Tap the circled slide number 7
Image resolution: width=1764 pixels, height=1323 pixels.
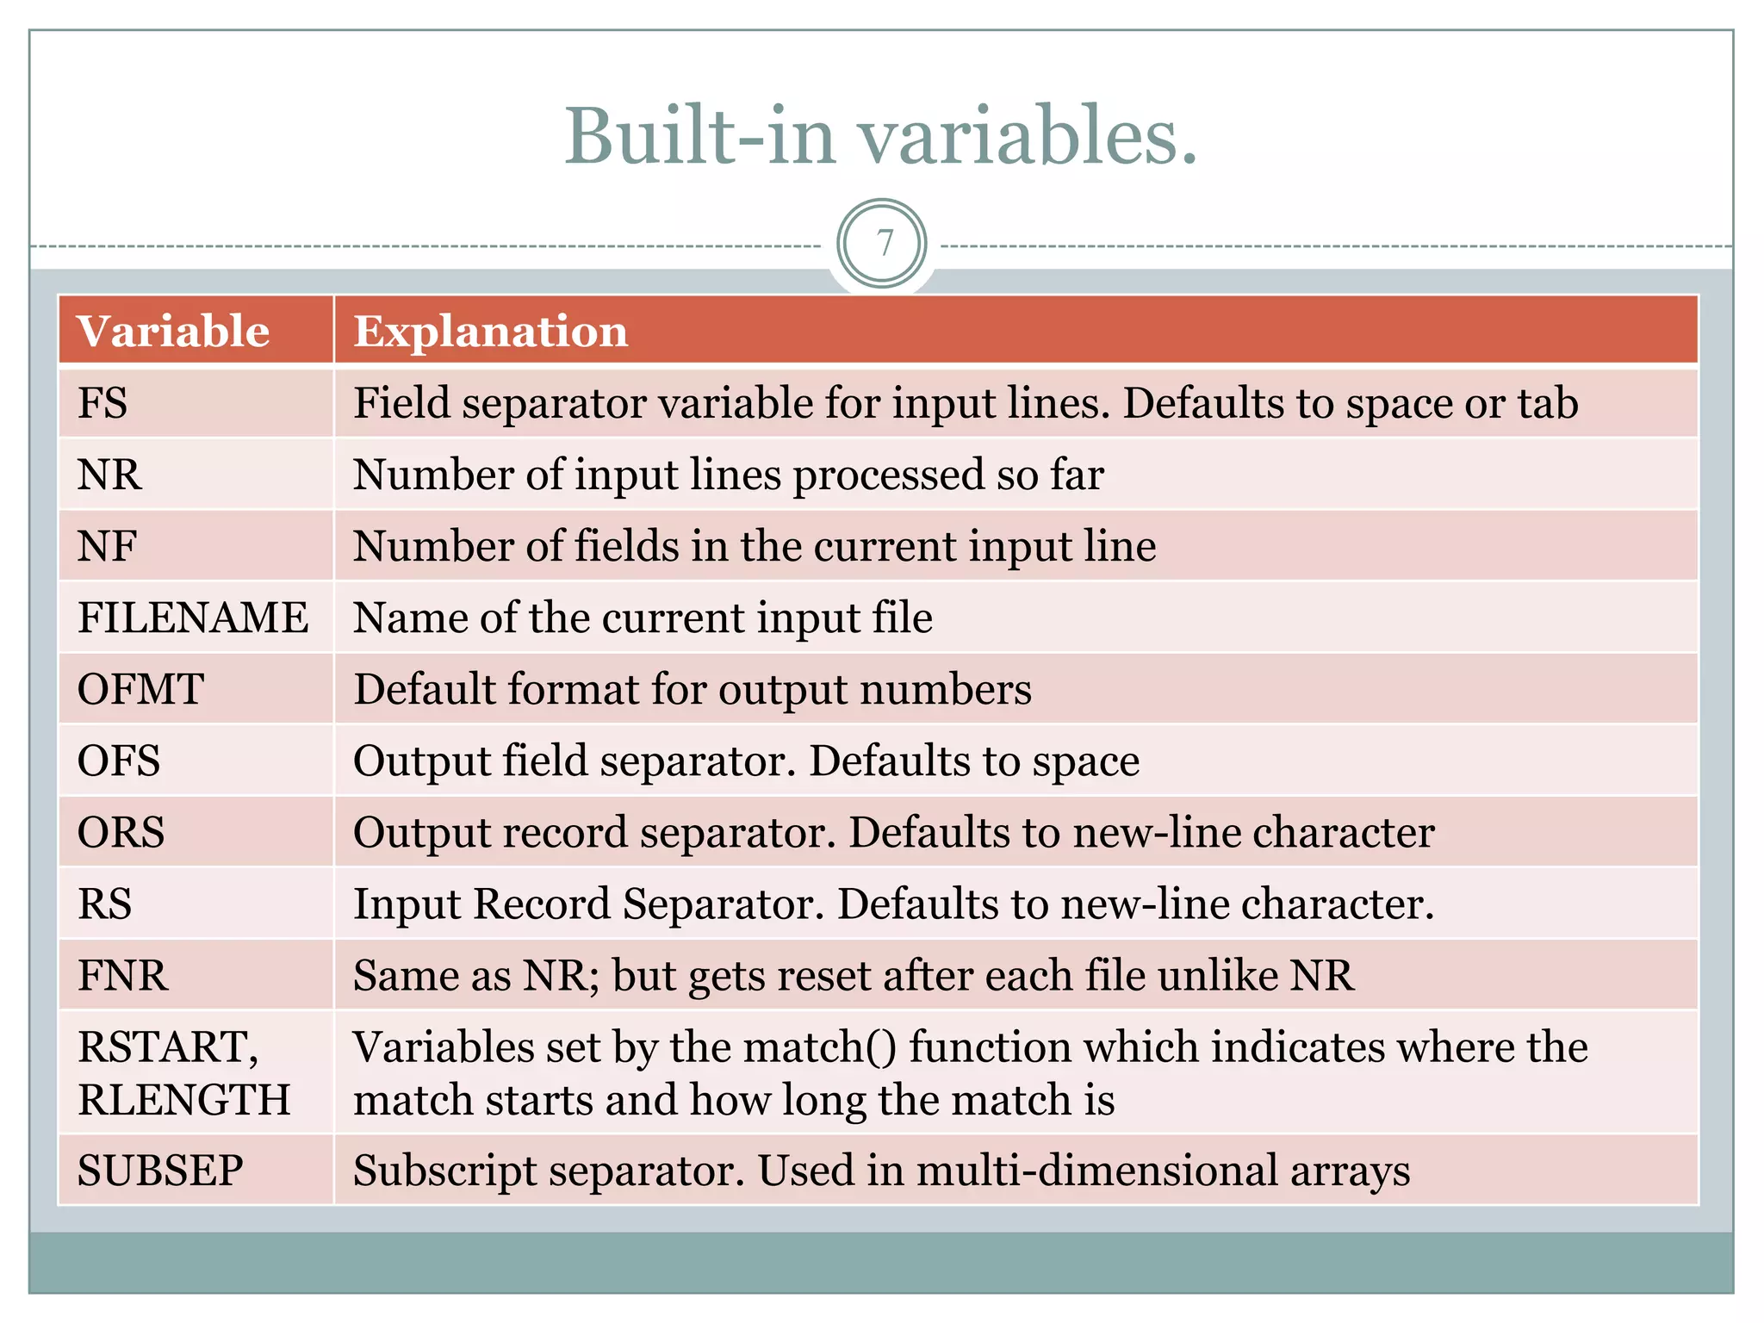[882, 244]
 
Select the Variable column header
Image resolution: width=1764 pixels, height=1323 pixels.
[173, 332]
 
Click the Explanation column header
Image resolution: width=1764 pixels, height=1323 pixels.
[491, 332]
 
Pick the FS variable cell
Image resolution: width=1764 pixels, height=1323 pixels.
[102, 403]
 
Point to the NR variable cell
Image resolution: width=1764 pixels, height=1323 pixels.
[109, 475]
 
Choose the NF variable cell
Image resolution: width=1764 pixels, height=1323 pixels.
[108, 546]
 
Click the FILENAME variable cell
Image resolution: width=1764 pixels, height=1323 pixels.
[193, 618]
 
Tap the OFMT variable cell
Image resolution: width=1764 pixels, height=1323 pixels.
[140, 689]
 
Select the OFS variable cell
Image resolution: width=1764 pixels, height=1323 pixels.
[119, 761]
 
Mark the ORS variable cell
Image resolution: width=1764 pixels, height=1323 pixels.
[121, 832]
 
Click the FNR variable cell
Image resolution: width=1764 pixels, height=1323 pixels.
[122, 975]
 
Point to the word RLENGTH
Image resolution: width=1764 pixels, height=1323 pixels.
[184, 1100]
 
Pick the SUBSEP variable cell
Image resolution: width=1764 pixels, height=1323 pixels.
[160, 1171]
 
